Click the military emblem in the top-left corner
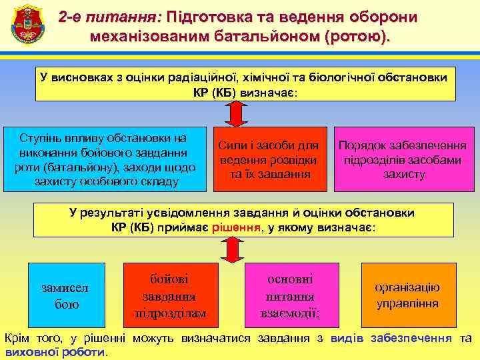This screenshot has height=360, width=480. [27, 27]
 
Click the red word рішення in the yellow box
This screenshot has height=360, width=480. [236, 227]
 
